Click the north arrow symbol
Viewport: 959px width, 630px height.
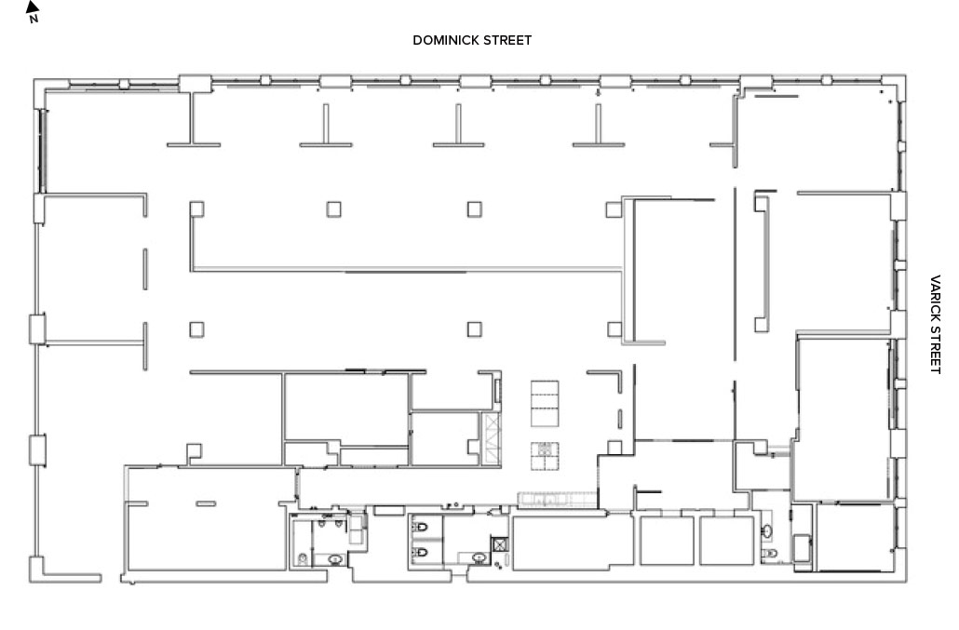click(33, 10)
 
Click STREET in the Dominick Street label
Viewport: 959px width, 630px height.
click(507, 40)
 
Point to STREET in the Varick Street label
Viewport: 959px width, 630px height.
click(935, 349)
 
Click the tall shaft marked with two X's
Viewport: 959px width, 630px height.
click(492, 438)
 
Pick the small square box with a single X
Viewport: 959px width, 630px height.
click(500, 543)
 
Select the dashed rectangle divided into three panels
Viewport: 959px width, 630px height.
click(545, 403)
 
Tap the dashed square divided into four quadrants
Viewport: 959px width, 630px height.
click(545, 456)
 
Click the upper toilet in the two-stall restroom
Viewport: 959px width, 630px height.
click(421, 527)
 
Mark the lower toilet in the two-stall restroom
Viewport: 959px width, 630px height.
click(421, 553)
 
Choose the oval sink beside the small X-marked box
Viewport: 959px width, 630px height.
click(479, 558)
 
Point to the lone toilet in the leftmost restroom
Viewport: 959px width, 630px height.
click(303, 558)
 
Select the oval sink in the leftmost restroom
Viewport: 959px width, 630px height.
click(335, 559)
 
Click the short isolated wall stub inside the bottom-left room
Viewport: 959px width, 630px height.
click(206, 503)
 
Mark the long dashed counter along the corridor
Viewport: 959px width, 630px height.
click(557, 499)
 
